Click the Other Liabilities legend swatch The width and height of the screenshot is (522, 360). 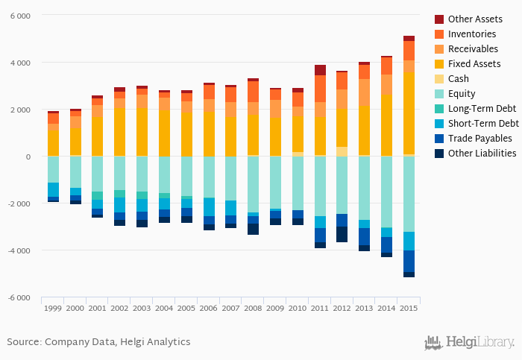click(x=440, y=153)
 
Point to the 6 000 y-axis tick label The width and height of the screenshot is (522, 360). click(x=20, y=16)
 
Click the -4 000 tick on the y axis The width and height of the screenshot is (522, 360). click(x=19, y=250)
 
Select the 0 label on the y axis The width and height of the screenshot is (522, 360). click(x=28, y=157)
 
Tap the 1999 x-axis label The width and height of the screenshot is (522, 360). click(x=53, y=308)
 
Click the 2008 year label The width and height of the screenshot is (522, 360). click(x=253, y=308)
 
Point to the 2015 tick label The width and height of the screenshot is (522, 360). click(x=409, y=308)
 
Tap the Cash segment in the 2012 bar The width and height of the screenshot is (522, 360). click(x=342, y=151)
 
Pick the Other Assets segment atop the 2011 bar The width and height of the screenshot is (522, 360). click(x=320, y=70)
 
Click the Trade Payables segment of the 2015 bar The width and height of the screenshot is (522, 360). click(x=409, y=262)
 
